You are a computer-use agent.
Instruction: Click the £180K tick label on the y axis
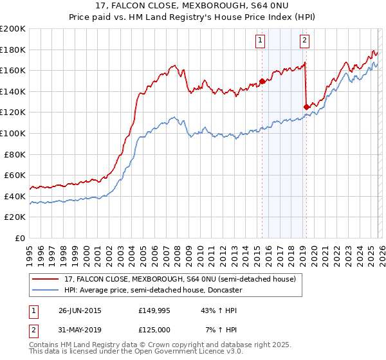(x=13, y=50)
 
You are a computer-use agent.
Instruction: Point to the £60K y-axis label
(x=15, y=175)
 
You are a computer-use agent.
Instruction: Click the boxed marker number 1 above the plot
(x=261, y=40)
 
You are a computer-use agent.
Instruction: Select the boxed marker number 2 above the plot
(x=304, y=40)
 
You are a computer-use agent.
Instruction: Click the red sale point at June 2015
(x=262, y=81)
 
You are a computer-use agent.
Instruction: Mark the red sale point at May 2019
(x=306, y=107)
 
